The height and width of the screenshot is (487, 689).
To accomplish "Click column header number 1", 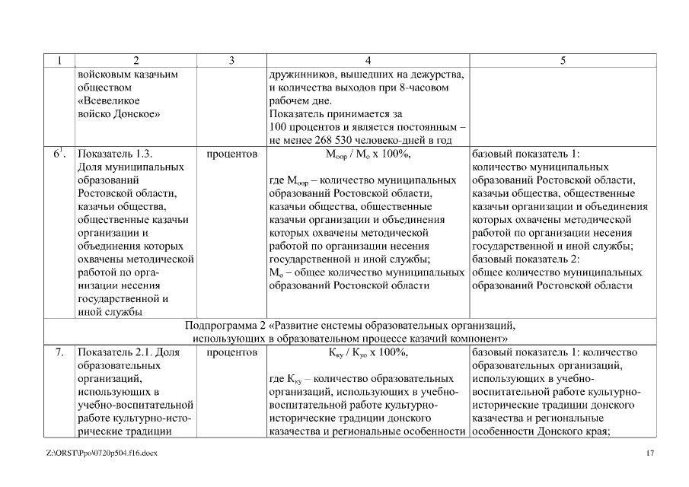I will coord(59,61).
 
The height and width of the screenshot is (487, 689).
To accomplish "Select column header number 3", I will coord(231,61).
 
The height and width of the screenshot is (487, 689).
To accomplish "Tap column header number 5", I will coord(563,61).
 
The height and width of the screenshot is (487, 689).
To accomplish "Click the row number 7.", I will coord(59,353).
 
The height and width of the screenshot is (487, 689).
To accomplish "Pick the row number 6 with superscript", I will coord(58,153).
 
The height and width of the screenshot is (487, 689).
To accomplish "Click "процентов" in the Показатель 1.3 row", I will coord(231,153).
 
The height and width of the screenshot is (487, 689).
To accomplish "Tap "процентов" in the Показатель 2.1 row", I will coord(231,353).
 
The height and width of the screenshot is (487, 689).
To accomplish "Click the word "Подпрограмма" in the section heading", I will coord(225,326).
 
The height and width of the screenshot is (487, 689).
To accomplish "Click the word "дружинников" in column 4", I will coord(303,75).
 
